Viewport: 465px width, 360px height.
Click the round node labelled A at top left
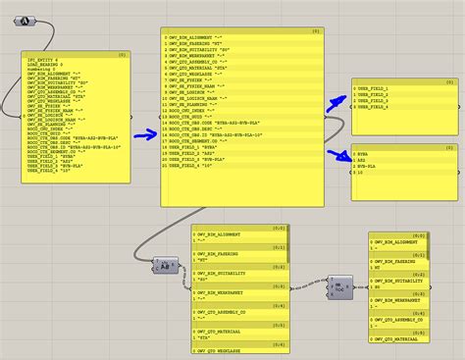click(26, 20)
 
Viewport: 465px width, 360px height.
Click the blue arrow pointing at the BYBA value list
click(339, 156)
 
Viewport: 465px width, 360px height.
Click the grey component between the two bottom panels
click(339, 284)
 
